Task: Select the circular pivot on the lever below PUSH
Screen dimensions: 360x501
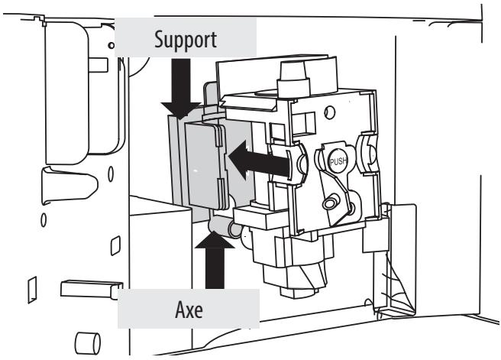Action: [331, 203]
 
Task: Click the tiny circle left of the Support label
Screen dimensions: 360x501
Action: [112, 46]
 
